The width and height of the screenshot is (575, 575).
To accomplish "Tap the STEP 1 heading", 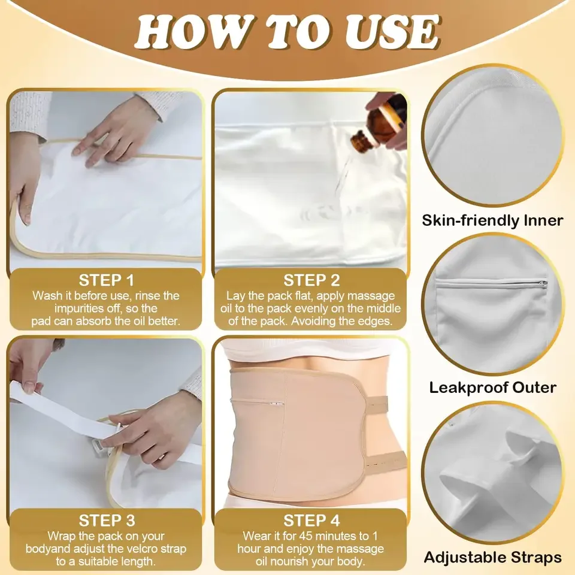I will [x=107, y=280].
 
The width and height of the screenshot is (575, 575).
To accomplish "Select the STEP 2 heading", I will [x=311, y=280].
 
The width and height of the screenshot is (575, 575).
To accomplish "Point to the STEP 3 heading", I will [x=107, y=519].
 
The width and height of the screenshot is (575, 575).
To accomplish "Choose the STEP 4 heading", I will [x=311, y=519].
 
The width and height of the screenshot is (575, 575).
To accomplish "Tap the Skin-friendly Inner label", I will [x=492, y=220].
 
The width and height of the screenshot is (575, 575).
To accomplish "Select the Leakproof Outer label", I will [x=492, y=388].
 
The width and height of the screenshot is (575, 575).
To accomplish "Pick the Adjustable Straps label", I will [x=492, y=557].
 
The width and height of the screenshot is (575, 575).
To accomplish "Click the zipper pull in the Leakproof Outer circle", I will [x=542, y=283].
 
